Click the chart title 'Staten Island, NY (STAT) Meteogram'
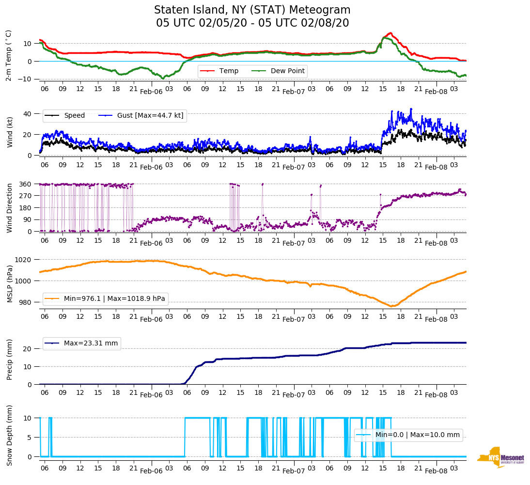[x=252, y=10]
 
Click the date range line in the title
[x=252, y=23]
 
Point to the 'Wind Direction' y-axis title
[x=10, y=208]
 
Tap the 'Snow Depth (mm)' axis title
[x=10, y=435]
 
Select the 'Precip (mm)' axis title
[x=10, y=359]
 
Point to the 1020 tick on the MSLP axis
[x=24, y=260]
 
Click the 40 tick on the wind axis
[x=28, y=114]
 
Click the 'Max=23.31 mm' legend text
[x=91, y=344]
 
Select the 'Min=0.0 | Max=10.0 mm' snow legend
[x=417, y=435]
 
